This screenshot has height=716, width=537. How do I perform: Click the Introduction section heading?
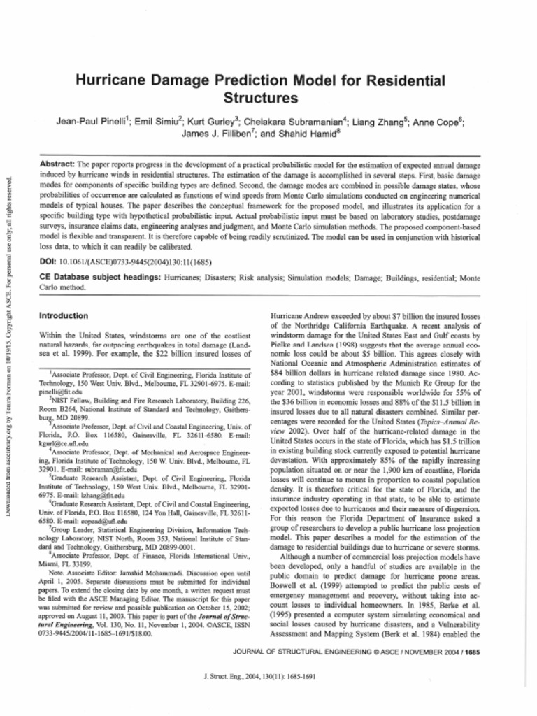[64, 316]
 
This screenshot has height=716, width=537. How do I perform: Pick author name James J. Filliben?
[214, 133]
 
